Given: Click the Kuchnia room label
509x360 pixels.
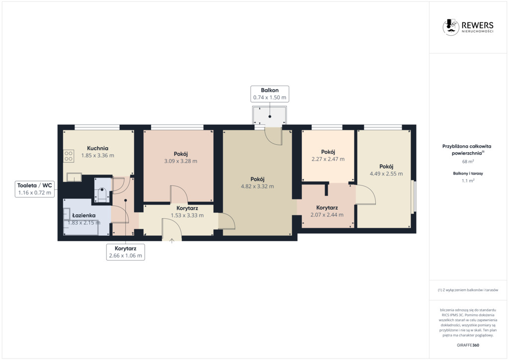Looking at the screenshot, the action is [x=98, y=148].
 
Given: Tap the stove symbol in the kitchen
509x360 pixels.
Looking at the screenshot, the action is [x=69, y=156].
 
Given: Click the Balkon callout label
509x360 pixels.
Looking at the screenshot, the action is [x=270, y=94].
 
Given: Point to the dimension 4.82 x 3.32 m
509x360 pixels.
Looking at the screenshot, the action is [x=257, y=186].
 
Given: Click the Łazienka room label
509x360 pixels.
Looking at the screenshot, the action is [x=84, y=215].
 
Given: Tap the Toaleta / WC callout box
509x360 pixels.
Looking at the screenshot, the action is [x=35, y=189].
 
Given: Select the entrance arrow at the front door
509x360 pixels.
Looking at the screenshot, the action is [x=171, y=241].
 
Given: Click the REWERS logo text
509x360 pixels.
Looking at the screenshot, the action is [x=478, y=25].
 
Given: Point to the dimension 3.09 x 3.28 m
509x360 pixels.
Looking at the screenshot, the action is [x=181, y=161].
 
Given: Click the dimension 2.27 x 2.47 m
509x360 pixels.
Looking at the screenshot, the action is [x=328, y=159].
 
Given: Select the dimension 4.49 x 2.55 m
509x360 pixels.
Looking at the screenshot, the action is [x=386, y=174].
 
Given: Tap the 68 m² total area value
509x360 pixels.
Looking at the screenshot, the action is [x=468, y=161].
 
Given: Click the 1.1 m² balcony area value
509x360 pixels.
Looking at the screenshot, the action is [x=468, y=180].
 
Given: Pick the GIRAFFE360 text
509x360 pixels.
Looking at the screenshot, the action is [x=468, y=345].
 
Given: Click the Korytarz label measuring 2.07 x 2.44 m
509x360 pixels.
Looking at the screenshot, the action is [x=327, y=208].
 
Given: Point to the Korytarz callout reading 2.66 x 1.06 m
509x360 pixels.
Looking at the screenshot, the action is [x=126, y=252].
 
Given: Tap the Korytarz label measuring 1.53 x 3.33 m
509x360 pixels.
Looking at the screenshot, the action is [x=187, y=208].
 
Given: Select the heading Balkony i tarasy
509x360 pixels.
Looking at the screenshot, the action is [x=468, y=174].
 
